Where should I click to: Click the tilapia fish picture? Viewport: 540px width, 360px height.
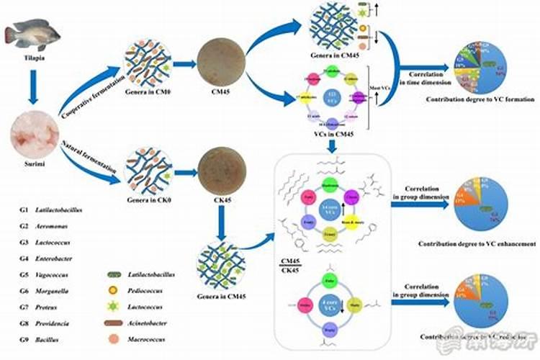(x=32, y=34)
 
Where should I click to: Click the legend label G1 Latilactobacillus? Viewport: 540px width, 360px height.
(x=55, y=210)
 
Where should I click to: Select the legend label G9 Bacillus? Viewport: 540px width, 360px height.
(x=47, y=338)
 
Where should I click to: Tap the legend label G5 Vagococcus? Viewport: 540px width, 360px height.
(x=50, y=274)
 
